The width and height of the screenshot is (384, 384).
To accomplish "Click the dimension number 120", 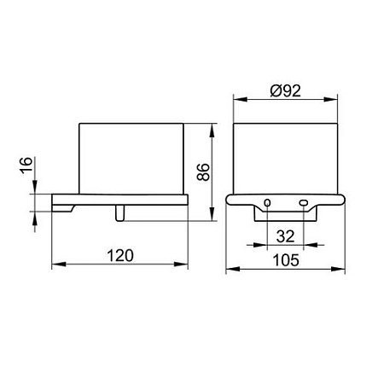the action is pyautogui.click(x=120, y=255).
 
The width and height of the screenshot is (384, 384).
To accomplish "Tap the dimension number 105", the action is pyautogui.click(x=286, y=260).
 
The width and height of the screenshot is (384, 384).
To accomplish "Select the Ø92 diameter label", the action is pyautogui.click(x=285, y=91).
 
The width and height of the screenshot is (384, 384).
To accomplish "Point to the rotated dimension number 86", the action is pyautogui.click(x=203, y=172).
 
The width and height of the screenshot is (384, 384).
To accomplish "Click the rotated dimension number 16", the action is pyautogui.click(x=26, y=165).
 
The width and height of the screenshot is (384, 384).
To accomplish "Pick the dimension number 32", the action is pyautogui.click(x=285, y=236).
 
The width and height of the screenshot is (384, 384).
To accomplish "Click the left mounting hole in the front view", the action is pyautogui.click(x=267, y=203).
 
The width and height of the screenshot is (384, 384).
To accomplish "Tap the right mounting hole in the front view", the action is pyautogui.click(x=304, y=203).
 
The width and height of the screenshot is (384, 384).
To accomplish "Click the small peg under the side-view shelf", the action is pyautogui.click(x=119, y=213).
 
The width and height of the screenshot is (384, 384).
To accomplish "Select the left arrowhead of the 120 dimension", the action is pyautogui.click(x=59, y=265).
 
